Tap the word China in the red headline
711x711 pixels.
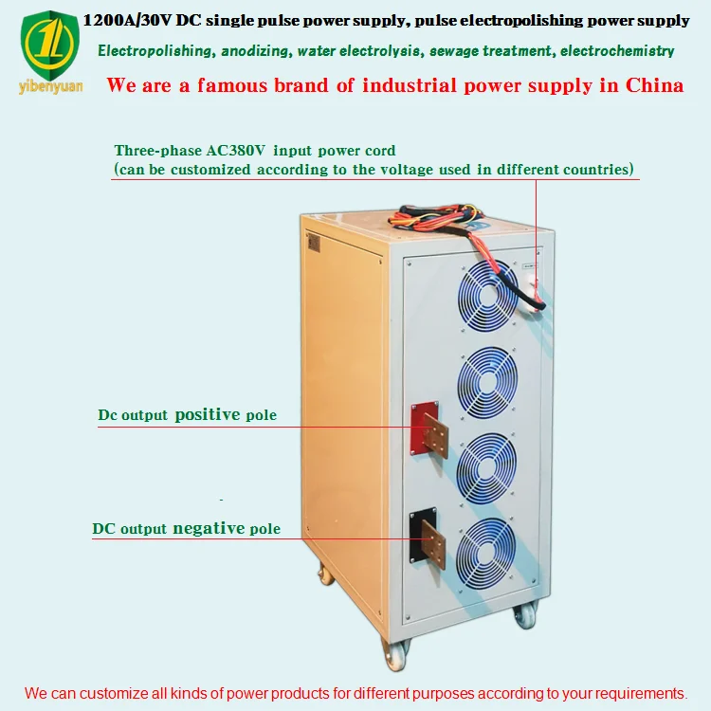(x=654, y=85)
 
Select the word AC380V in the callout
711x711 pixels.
(x=237, y=151)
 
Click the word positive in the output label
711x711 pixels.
(x=208, y=414)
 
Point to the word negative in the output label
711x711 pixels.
(x=209, y=528)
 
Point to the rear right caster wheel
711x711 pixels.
(x=525, y=614)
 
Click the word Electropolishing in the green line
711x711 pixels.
(x=149, y=51)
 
